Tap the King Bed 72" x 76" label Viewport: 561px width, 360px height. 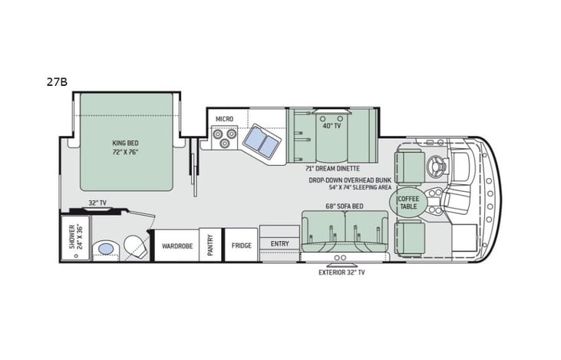coord(127,147)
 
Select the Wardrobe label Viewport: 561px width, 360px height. coord(177,246)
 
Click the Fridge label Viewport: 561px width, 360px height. coord(241,246)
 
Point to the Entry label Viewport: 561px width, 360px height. coord(279,243)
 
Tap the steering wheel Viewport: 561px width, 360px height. coord(439,163)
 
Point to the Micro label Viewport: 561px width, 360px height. coord(223,119)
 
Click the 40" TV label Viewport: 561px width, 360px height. coord(331,125)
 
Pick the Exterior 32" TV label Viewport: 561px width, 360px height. coord(342,272)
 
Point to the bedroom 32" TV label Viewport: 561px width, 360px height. coord(97,203)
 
